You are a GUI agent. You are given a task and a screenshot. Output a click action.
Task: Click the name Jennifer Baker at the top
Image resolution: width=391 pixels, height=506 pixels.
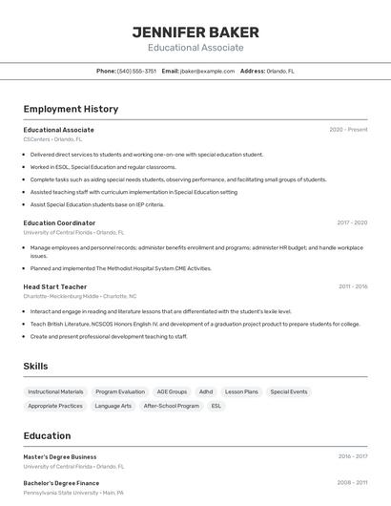click(x=195, y=32)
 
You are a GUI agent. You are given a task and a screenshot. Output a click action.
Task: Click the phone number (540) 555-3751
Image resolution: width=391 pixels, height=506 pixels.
click(x=136, y=71)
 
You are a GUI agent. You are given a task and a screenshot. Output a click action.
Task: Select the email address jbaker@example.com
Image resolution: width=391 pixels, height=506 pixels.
click(x=207, y=71)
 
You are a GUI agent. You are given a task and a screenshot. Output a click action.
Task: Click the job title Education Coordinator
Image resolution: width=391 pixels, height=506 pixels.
click(x=59, y=222)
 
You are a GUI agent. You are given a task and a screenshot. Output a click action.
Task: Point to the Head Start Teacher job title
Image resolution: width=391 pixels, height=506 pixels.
click(x=55, y=286)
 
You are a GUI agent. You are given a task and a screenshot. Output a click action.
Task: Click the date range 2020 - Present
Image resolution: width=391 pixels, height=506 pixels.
click(x=348, y=130)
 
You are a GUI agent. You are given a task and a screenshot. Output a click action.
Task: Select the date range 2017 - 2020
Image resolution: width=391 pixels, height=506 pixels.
click(x=352, y=222)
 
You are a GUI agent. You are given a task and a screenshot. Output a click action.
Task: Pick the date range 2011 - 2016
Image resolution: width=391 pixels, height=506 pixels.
click(x=353, y=286)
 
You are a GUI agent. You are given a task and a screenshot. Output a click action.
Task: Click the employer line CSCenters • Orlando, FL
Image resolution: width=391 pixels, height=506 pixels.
click(x=52, y=139)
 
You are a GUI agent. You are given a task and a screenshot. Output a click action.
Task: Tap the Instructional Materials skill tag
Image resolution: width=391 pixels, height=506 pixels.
click(x=55, y=391)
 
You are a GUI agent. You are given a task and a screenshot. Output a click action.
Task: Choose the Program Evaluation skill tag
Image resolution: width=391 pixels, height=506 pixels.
click(x=120, y=391)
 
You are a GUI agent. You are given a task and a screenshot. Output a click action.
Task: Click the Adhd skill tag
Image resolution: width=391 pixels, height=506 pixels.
click(x=206, y=391)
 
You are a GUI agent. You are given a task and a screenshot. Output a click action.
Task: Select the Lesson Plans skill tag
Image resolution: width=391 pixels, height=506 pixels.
click(x=241, y=391)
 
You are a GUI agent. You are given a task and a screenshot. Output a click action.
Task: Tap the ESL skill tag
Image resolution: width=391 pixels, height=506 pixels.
click(x=216, y=406)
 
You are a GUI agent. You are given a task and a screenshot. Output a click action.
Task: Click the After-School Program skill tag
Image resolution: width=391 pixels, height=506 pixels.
click(x=172, y=406)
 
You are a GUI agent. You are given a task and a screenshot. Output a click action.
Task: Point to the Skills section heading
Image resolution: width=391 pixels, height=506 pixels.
click(x=36, y=366)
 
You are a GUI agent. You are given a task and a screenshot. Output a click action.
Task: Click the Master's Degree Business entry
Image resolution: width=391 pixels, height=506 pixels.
click(x=60, y=456)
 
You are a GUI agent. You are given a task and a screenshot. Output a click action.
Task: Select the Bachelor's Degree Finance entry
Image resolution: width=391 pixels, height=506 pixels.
click(x=61, y=483)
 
